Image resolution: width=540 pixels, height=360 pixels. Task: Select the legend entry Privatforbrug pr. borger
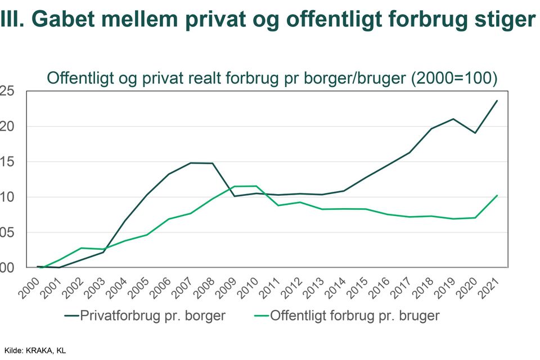click(152, 316)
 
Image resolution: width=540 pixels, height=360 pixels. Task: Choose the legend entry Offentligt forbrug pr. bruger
click(354, 316)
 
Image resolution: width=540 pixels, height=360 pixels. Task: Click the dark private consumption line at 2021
click(497, 101)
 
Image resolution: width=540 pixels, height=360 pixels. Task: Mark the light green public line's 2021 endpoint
click(497, 195)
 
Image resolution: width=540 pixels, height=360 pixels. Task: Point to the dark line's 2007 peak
click(191, 163)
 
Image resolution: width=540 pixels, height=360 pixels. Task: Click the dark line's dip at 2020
click(475, 133)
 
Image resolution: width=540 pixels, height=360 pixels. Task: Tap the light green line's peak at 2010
click(256, 186)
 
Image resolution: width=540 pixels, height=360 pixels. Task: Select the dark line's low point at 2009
click(235, 196)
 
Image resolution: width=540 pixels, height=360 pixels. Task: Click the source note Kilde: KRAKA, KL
click(35, 350)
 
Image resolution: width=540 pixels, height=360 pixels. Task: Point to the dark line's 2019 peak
click(453, 119)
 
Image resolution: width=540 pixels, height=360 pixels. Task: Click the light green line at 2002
click(82, 248)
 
